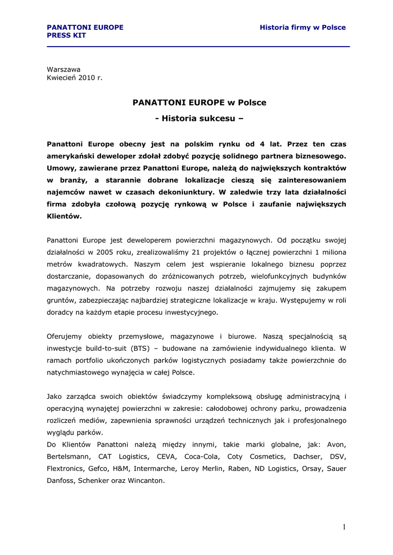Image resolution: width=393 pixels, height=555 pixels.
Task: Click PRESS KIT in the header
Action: click(x=66, y=35)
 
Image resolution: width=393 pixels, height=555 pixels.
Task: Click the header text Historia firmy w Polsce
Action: click(x=302, y=27)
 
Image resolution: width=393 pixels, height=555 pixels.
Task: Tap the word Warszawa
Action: click(x=64, y=69)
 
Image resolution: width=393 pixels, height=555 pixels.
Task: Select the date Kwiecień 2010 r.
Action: click(x=74, y=78)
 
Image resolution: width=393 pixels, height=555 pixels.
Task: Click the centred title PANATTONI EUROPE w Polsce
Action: click(x=200, y=102)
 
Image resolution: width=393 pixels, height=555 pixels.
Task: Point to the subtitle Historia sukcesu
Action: click(x=200, y=118)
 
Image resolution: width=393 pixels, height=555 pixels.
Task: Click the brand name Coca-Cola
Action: click(x=202, y=456)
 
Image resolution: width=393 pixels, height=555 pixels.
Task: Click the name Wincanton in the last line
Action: click(x=147, y=480)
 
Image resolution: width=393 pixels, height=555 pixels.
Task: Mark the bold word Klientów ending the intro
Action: click(x=64, y=216)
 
